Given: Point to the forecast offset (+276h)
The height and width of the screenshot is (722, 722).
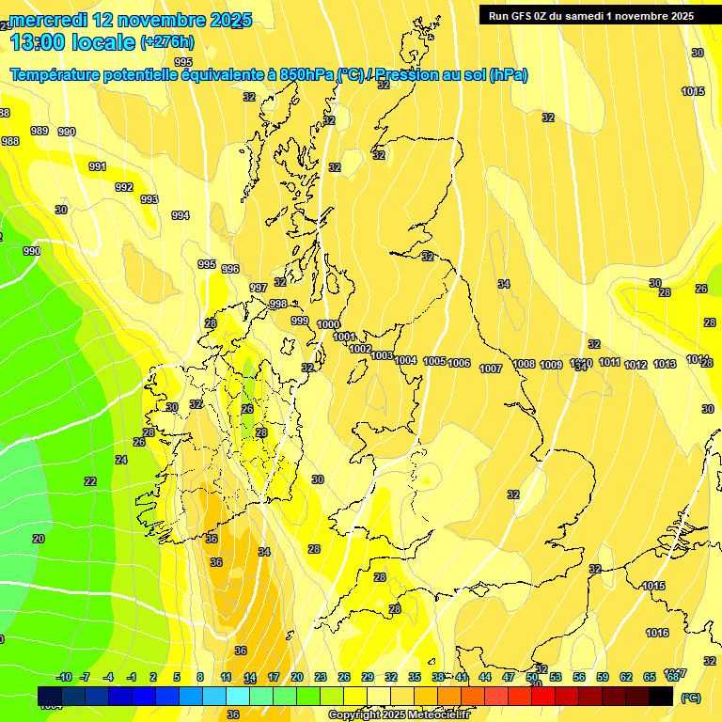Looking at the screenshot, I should click(166, 41).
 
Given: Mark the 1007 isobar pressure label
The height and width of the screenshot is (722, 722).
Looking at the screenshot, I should click(491, 369).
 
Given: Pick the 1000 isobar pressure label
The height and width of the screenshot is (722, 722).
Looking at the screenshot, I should click(328, 324).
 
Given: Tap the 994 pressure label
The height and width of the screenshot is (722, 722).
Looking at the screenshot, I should click(180, 215).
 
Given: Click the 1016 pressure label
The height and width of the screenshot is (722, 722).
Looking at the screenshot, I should click(657, 633).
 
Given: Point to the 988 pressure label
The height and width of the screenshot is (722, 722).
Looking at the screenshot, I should click(10, 141).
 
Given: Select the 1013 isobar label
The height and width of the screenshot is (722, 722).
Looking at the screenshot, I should click(665, 364).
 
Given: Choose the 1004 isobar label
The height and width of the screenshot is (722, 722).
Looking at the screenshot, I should click(405, 360).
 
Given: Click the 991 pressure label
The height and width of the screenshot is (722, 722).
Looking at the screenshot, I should click(98, 166).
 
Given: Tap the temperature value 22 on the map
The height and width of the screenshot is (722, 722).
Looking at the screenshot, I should click(89, 481).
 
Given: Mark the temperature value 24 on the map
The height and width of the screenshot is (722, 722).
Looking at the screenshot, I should click(120, 460).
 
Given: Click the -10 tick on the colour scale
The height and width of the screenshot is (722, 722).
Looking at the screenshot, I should click(64, 677).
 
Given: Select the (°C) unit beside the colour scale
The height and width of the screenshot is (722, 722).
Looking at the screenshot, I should click(690, 698).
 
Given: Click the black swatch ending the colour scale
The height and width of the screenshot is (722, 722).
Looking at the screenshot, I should click(661, 697).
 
